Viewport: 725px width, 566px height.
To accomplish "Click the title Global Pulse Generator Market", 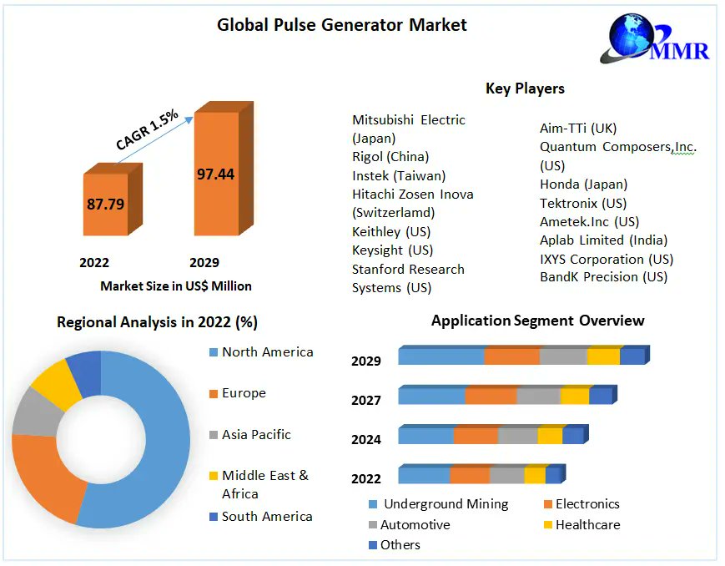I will tap(342, 25).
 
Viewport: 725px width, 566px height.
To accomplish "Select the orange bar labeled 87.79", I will tap(105, 204).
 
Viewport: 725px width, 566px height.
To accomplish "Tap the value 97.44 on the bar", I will tap(215, 174).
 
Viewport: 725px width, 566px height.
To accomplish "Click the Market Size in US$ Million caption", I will tap(176, 286).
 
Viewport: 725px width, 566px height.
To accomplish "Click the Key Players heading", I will tap(525, 88).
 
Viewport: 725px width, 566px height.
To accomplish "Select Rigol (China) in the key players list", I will tap(390, 157).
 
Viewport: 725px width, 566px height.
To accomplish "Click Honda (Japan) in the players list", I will tap(583, 184).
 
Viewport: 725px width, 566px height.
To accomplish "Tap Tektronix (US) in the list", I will tap(583, 203).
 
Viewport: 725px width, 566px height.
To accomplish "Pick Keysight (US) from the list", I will tap(393, 250).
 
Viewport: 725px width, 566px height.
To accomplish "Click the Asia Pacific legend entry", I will tap(256, 434).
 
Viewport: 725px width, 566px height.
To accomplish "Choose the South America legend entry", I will tap(266, 517).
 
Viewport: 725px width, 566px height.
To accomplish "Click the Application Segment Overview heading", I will tap(537, 321).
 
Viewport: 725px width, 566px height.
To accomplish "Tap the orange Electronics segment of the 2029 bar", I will tap(511, 356).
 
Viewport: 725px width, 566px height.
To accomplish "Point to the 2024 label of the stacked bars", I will tap(366, 439).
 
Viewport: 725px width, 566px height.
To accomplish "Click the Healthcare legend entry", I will tap(587, 525).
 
